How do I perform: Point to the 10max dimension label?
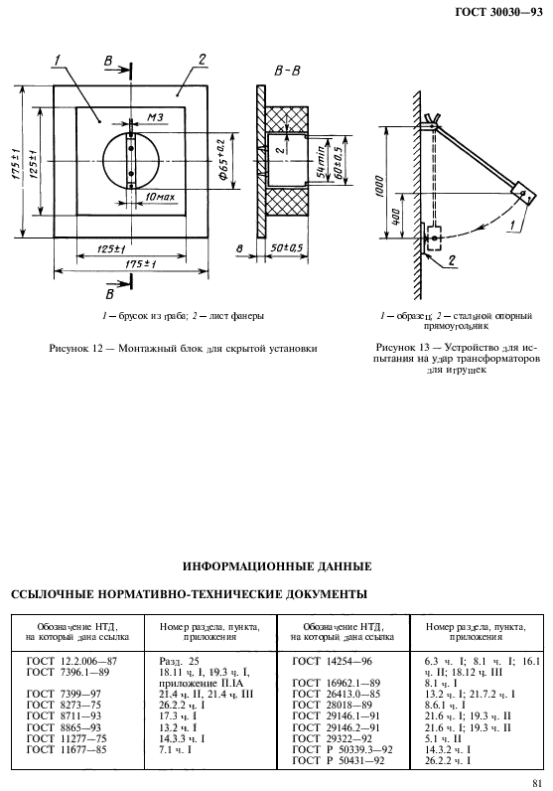click(x=160, y=198)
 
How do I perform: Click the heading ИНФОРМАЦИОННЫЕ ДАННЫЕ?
click(x=277, y=566)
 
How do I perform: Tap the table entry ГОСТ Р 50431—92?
click(x=344, y=760)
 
